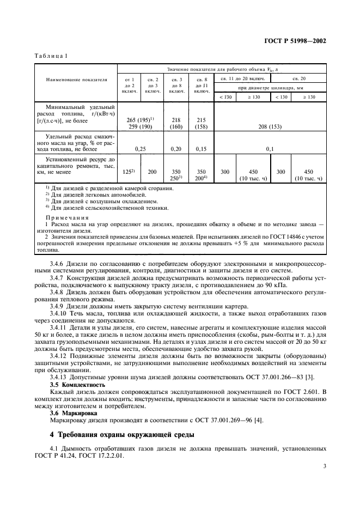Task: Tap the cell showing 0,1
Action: [x=270, y=148]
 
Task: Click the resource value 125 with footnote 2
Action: [x=129, y=172]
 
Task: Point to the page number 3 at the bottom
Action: [x=325, y=466]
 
